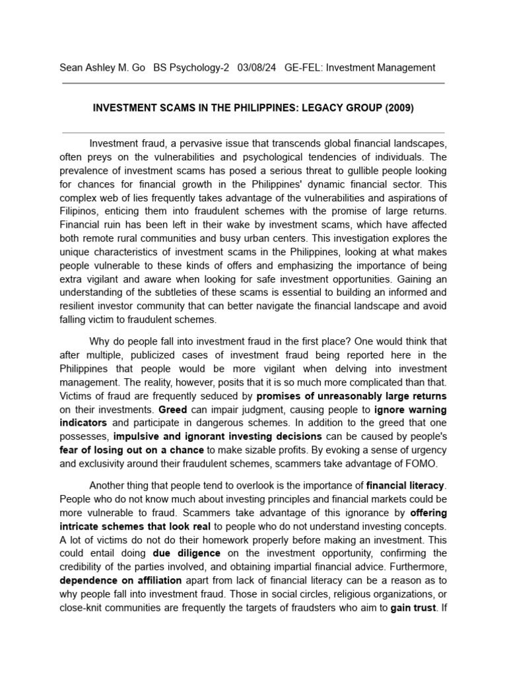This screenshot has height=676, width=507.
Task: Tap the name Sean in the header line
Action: (x=73, y=67)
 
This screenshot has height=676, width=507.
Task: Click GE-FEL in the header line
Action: (x=300, y=67)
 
